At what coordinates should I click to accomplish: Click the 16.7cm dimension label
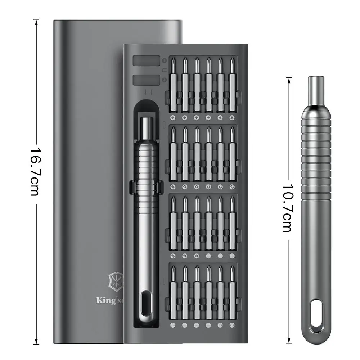point(35,171)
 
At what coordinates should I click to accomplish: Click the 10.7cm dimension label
point(287,208)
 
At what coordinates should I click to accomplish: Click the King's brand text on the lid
point(109,301)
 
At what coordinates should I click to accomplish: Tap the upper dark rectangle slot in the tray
point(147,60)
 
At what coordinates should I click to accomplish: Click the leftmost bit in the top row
point(173,85)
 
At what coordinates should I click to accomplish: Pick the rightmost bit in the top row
point(232,85)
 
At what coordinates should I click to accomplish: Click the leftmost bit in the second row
point(173,153)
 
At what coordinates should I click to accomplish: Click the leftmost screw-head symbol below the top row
point(173,118)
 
